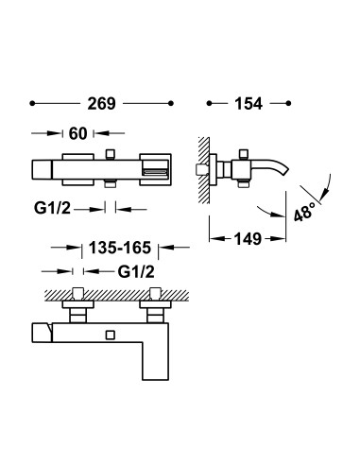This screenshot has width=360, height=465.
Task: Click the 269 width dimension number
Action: tap(101, 104)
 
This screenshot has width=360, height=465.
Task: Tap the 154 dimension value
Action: tap(249, 104)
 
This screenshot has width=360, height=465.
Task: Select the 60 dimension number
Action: tap(77, 133)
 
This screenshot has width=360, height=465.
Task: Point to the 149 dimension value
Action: tap(248, 239)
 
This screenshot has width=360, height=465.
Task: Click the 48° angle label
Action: tap(305, 212)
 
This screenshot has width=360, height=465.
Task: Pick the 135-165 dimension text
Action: tap(120, 248)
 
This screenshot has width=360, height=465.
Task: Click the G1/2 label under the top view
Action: tap(52, 208)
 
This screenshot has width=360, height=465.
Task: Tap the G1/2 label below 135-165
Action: tap(136, 271)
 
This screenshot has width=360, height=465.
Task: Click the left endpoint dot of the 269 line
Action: tap(32, 103)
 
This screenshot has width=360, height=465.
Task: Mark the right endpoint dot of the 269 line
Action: tap(171, 103)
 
